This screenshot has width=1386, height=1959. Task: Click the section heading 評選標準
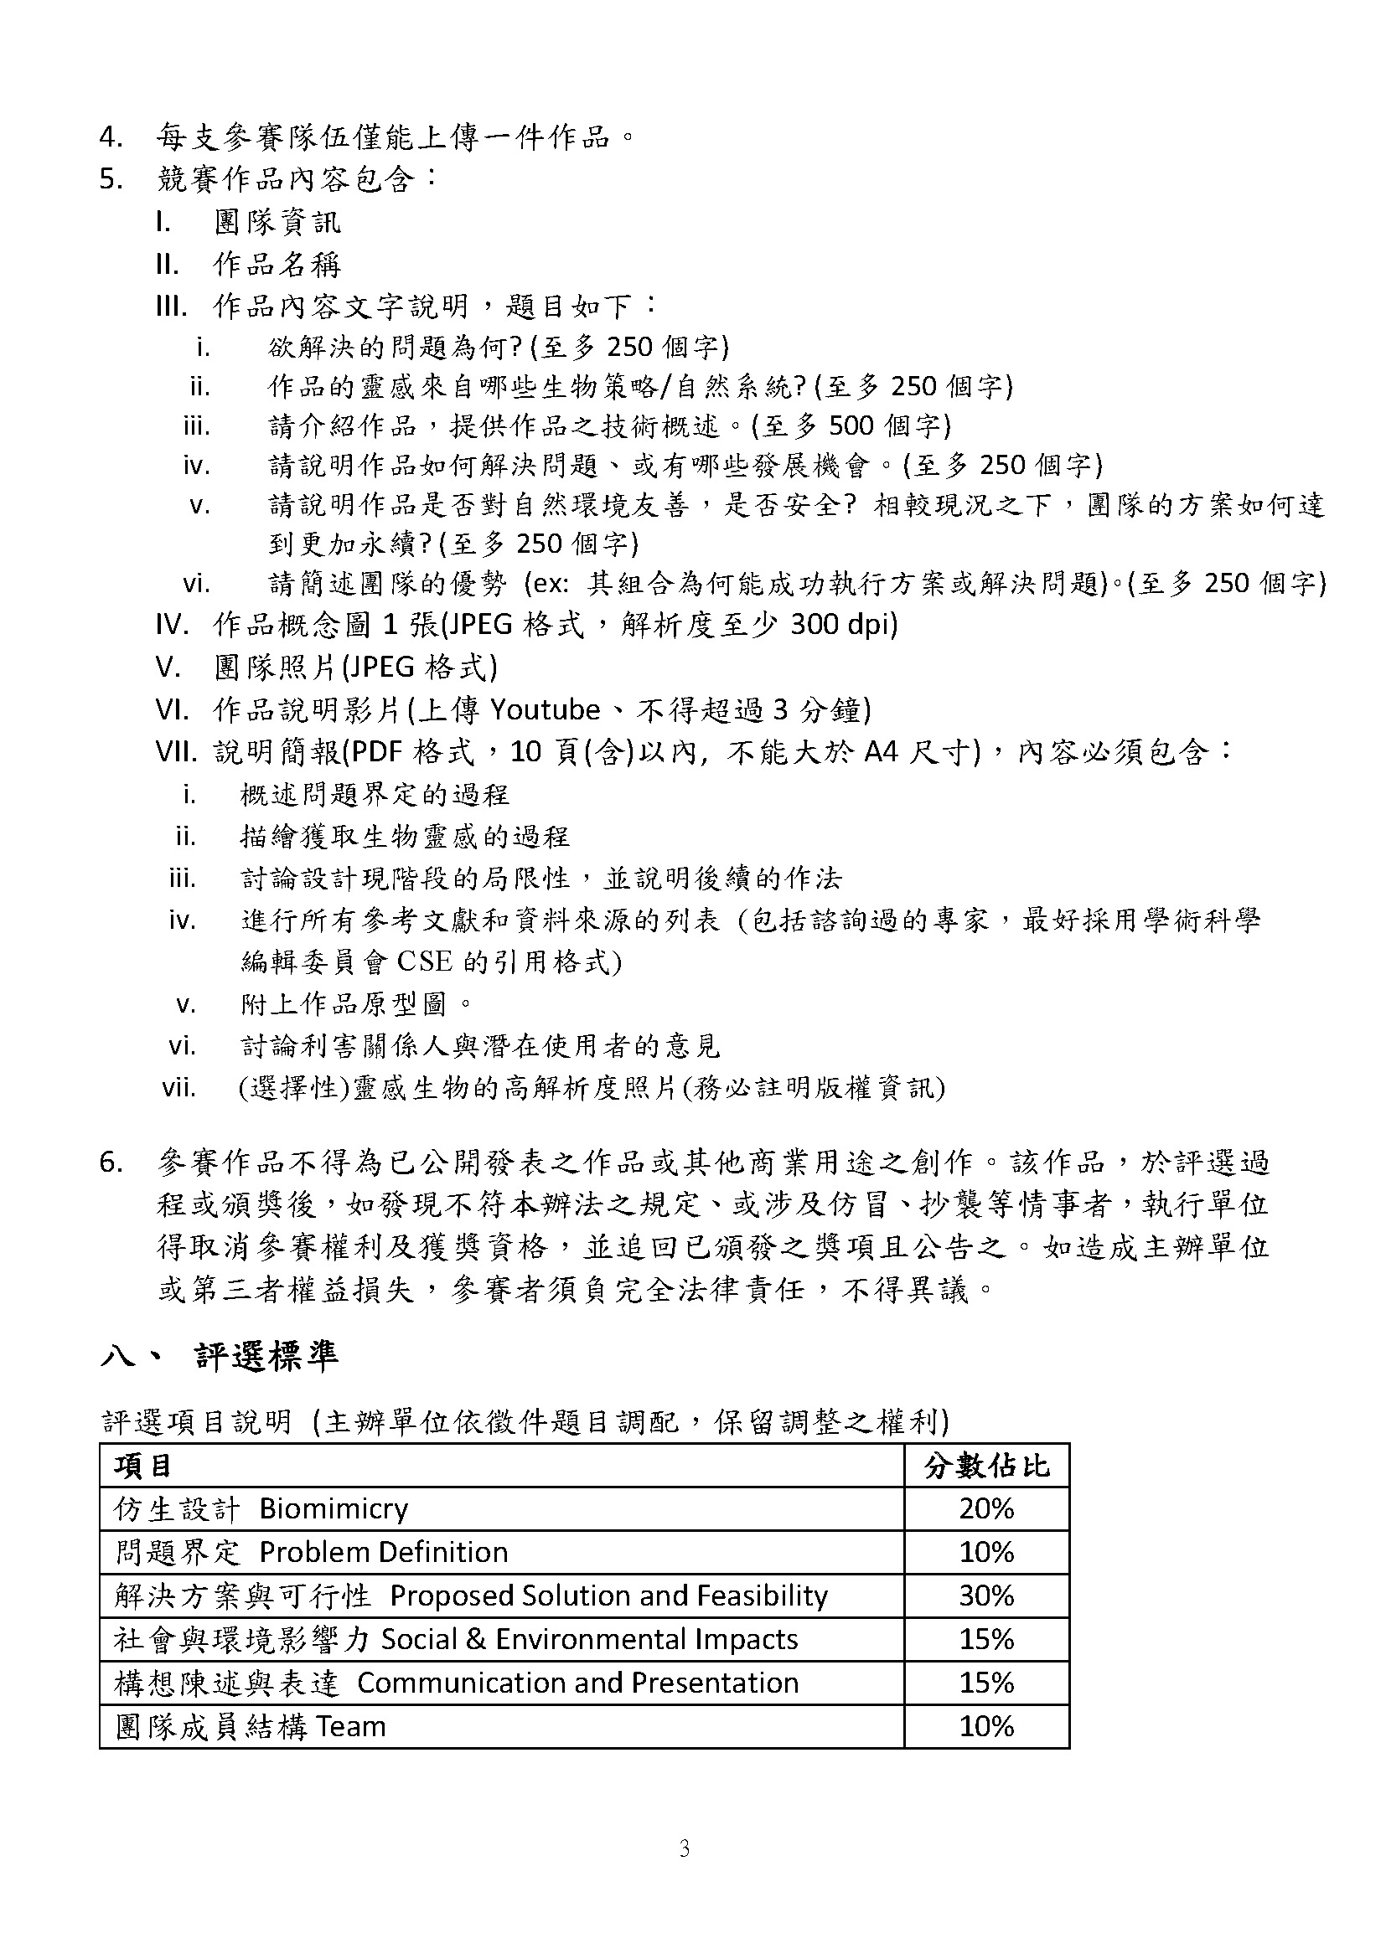(266, 1356)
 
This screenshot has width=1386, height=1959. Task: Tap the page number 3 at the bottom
(684, 1850)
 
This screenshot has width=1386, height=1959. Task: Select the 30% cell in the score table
(985, 1596)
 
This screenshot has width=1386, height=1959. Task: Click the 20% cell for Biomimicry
(985, 1508)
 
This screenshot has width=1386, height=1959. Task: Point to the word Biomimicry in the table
(334, 1508)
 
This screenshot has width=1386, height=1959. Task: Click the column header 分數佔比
(985, 1466)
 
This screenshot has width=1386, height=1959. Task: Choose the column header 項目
(143, 1466)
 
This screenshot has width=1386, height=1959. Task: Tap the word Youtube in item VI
(546, 709)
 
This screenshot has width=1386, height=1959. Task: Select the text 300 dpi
(843, 625)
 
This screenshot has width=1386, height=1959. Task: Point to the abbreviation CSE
(425, 961)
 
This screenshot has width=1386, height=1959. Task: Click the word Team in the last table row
(351, 1726)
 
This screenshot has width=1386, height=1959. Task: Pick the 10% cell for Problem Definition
(985, 1552)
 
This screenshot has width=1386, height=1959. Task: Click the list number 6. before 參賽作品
(111, 1163)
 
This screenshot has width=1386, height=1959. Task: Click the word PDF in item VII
(376, 751)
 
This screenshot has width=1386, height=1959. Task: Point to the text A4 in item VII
(882, 751)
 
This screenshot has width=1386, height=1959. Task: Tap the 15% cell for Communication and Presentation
(985, 1683)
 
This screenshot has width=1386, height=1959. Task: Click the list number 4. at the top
(111, 137)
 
